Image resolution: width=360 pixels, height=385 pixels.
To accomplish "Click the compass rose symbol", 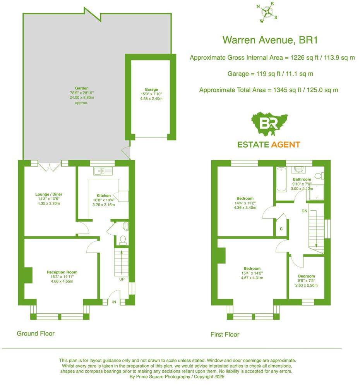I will click(x=267, y=12).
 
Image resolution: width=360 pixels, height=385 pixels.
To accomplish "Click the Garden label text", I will click(x=82, y=88).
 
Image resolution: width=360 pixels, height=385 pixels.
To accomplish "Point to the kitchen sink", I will click(x=103, y=171).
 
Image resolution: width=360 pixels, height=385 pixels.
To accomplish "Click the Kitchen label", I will click(x=104, y=196).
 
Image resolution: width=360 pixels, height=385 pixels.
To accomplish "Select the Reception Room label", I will click(x=60, y=272).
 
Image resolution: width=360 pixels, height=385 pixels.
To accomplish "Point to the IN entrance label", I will click(x=114, y=302).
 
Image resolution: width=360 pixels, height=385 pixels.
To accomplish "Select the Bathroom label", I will click(x=302, y=179).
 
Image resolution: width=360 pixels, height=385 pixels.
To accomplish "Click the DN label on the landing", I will click(x=304, y=211).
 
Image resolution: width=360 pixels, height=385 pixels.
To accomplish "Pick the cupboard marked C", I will click(x=281, y=229).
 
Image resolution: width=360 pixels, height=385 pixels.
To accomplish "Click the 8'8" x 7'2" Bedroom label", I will click(x=304, y=276).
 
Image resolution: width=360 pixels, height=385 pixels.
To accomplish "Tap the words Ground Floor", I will click(x=36, y=333).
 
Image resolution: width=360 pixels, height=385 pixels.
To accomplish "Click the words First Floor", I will click(x=225, y=334).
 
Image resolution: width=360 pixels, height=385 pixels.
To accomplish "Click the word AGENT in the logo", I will click(x=285, y=145).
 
